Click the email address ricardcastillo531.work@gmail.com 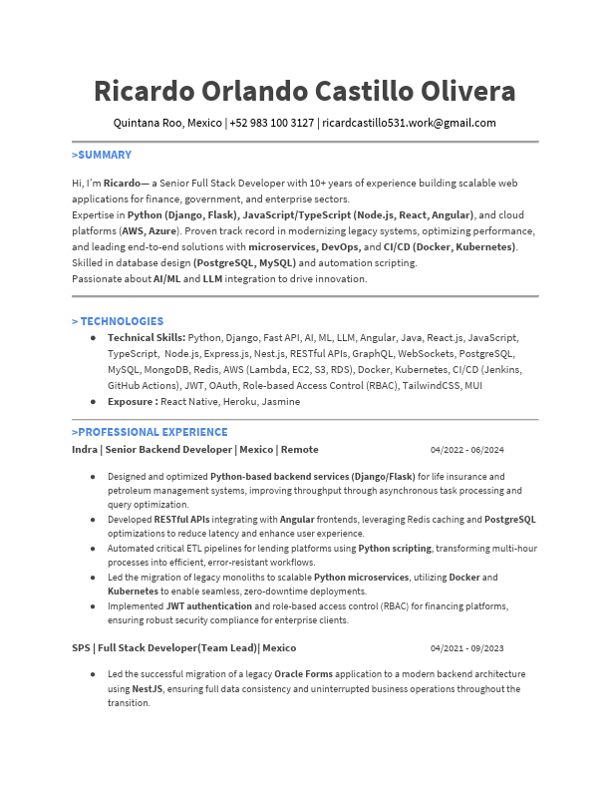pos(409,123)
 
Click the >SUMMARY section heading pos(102,156)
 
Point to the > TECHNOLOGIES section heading pos(118,321)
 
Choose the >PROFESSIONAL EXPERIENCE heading pos(150,432)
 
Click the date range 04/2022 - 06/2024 pos(466,450)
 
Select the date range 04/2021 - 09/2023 pos(466,648)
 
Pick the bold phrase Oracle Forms pos(305,673)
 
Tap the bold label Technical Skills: pos(147,338)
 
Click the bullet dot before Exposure pos(93,401)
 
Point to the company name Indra pos(85,450)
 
